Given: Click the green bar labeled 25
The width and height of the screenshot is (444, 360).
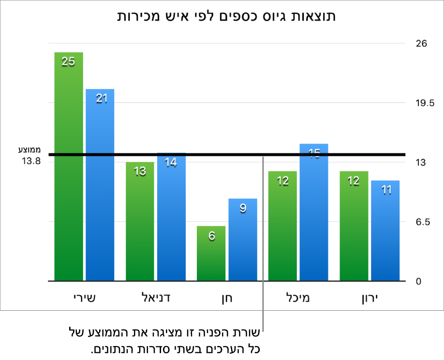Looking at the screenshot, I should click(69, 167).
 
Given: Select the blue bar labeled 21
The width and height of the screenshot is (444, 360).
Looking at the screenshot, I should click(100, 185).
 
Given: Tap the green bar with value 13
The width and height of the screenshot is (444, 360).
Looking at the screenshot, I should click(140, 221).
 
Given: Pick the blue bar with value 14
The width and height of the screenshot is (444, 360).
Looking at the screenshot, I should click(171, 217).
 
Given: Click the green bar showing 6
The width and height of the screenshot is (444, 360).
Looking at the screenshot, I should click(211, 253).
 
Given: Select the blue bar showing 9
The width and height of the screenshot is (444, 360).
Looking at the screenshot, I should click(243, 240).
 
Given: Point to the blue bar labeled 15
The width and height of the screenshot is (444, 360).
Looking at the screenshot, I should click(314, 213).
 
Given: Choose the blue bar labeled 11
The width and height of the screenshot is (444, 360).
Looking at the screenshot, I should click(385, 230).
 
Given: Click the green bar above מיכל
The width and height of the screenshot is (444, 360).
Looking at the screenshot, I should click(282, 226).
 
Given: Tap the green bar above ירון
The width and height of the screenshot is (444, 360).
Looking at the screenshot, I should click(354, 226).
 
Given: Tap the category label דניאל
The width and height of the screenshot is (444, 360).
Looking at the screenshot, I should click(156, 297).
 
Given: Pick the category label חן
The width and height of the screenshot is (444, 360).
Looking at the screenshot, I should click(227, 298).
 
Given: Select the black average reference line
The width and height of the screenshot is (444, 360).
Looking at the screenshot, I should click(218, 155).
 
